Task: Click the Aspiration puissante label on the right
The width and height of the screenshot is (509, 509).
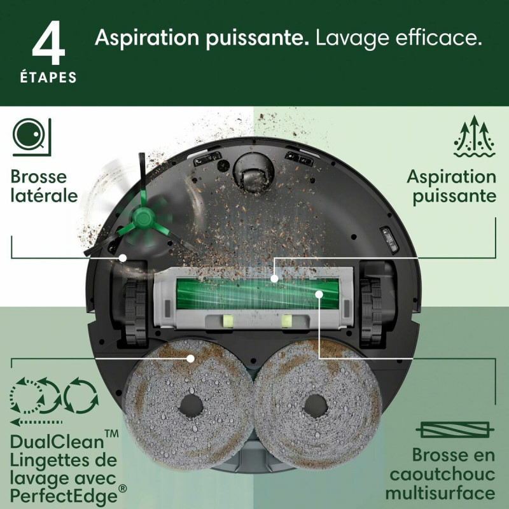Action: (451, 185)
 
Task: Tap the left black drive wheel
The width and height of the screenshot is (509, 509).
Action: (135, 305)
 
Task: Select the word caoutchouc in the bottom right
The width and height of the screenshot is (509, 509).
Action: (443, 475)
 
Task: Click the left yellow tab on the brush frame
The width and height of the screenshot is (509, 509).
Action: (228, 320)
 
